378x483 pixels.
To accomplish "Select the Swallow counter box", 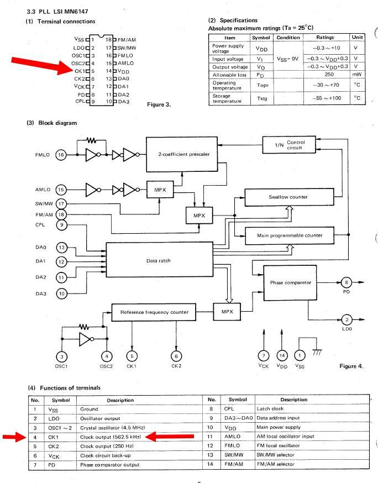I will coord(288,197).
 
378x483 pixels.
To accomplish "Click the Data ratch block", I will coord(158,260).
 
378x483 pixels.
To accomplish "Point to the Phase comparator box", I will coord(290,282).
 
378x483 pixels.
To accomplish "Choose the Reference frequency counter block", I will coord(154,312).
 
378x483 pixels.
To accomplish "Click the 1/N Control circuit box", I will coord(291,145).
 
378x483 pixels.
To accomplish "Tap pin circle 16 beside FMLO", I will coord(61,155).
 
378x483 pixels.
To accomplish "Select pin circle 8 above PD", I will coord(346,282).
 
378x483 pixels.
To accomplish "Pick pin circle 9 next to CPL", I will coord(61,224).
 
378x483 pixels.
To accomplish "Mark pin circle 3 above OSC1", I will coord(62,356).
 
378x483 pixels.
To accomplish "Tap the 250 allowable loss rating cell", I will coord(325,73).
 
